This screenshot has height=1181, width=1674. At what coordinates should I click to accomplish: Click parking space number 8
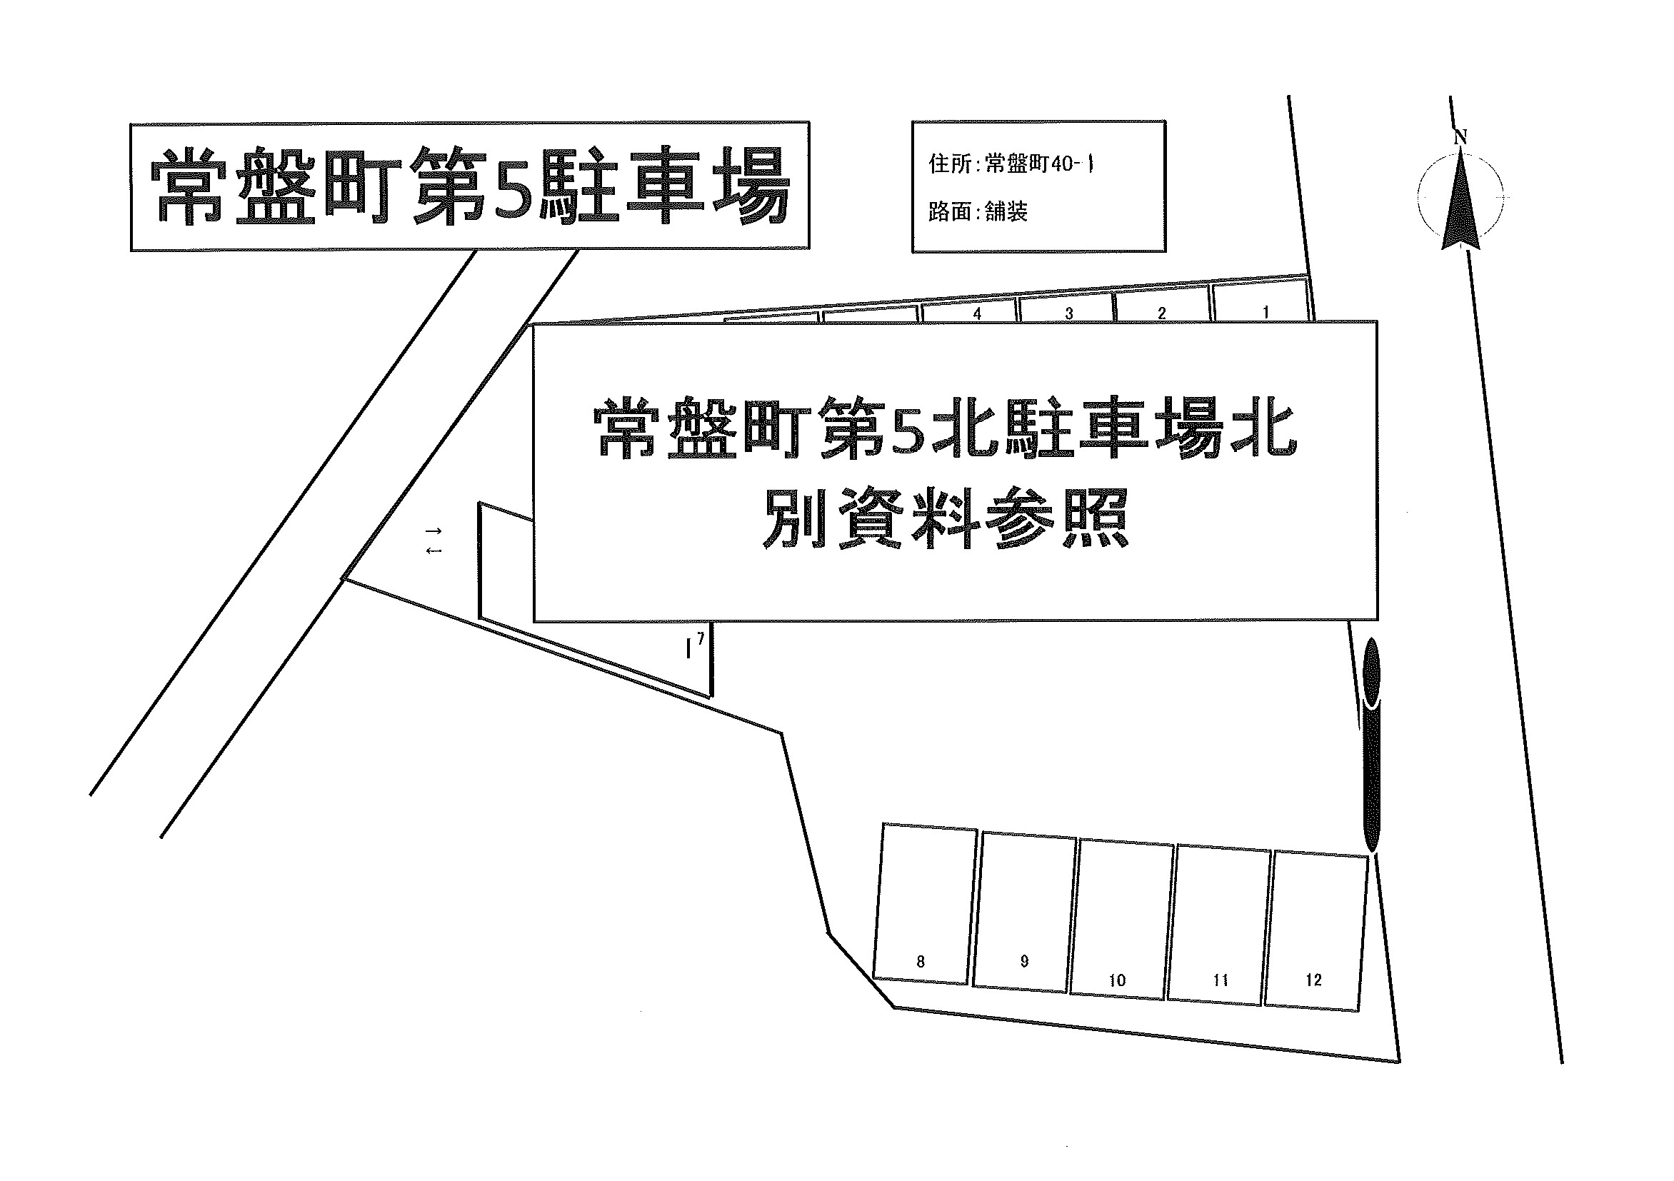(x=925, y=904)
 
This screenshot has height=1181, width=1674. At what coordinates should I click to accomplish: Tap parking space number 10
(x=1122, y=919)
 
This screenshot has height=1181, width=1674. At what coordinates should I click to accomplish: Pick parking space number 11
(x=1220, y=925)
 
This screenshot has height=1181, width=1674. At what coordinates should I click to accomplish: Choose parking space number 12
(x=1316, y=931)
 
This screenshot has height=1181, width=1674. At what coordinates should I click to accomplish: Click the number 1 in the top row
(x=1265, y=312)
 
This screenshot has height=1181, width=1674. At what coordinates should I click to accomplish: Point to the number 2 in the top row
(x=1161, y=313)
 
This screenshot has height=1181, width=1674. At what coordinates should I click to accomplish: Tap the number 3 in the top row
(x=1069, y=313)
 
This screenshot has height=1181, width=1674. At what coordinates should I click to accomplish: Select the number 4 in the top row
(x=977, y=313)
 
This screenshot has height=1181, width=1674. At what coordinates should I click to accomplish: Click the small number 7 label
(x=701, y=638)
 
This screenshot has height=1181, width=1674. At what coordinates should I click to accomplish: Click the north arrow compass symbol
(x=1461, y=197)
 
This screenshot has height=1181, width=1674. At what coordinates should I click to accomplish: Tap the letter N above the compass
(x=1460, y=136)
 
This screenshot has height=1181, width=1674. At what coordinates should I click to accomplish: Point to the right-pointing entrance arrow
(x=433, y=530)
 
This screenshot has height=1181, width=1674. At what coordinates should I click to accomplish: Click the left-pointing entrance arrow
(x=433, y=551)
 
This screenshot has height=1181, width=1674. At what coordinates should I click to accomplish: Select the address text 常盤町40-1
(x=1040, y=164)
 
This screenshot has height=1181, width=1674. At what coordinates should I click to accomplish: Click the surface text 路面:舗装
(x=978, y=211)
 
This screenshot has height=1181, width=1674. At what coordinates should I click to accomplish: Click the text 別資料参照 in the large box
(x=946, y=518)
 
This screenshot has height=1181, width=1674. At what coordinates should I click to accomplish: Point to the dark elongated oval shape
(x=1371, y=745)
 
